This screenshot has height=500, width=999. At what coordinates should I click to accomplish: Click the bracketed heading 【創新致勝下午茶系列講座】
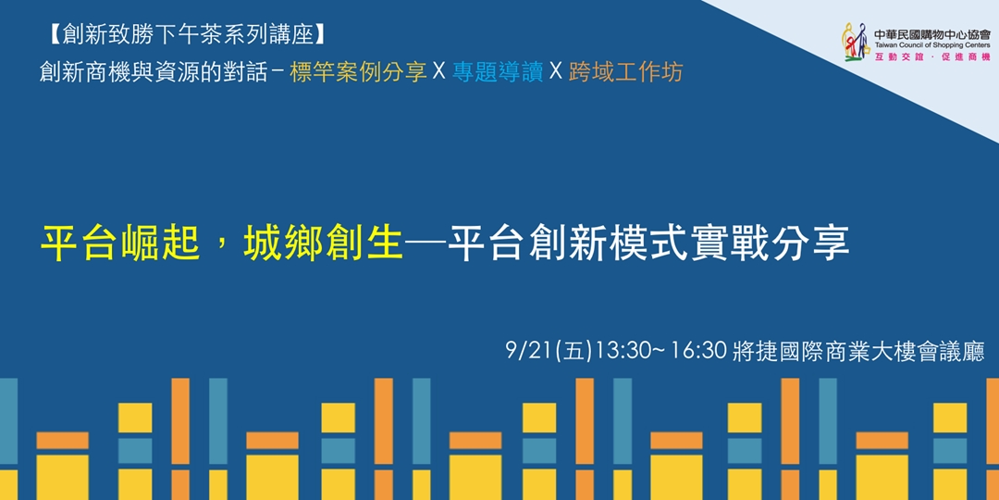click(185, 35)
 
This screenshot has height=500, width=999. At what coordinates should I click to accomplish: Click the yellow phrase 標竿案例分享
click(358, 71)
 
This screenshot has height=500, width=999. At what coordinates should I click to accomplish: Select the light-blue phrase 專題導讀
click(498, 71)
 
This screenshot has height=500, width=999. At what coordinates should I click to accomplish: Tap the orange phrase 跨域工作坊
click(626, 71)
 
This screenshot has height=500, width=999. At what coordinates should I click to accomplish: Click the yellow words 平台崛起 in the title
click(119, 244)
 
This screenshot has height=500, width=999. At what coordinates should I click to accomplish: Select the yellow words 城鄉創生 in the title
click(323, 244)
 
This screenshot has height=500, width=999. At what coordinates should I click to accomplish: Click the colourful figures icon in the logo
click(855, 43)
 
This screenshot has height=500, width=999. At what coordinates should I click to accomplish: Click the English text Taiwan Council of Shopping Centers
click(931, 44)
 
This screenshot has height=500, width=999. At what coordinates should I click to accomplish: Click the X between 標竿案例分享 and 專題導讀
click(439, 71)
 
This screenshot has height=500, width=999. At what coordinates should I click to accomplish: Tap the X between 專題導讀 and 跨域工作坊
click(556, 71)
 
